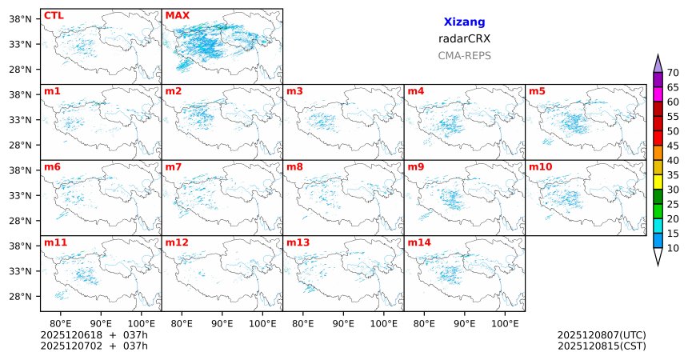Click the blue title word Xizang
464,22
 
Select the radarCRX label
464,38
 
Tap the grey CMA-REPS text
464,56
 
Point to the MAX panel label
177,15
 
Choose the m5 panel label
535,90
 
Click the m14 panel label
418,242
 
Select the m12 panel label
176,242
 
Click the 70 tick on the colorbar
673,73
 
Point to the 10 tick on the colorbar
673,249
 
